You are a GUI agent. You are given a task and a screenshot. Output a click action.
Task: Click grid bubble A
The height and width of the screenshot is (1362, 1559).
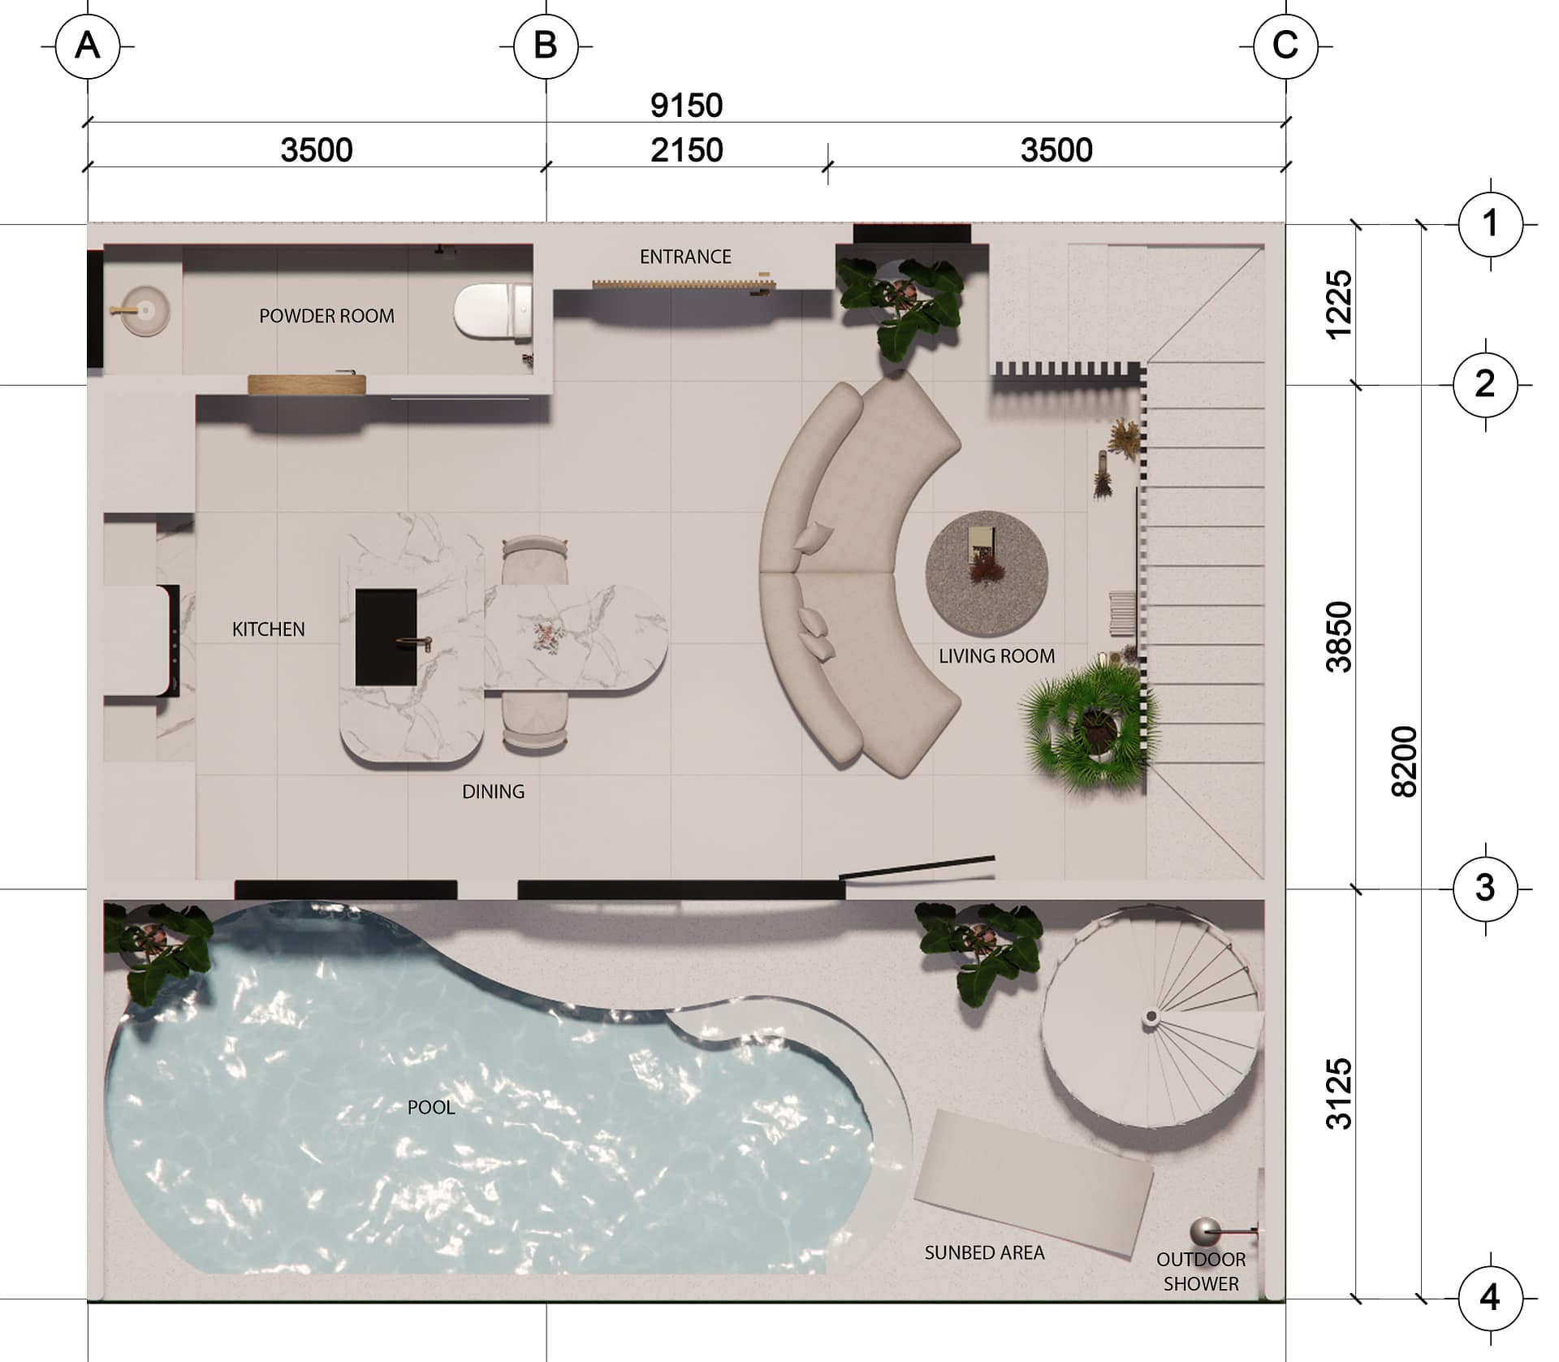pyautogui.click(x=88, y=46)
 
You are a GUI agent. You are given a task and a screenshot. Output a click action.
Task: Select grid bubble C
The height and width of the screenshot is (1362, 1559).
pyautogui.click(x=1285, y=46)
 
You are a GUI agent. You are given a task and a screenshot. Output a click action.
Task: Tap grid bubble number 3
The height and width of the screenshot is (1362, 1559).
pyautogui.click(x=1485, y=889)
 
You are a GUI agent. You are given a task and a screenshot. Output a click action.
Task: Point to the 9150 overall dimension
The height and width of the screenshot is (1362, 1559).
pyautogui.click(x=686, y=106)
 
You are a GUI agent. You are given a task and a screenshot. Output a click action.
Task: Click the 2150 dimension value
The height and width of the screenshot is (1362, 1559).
pyautogui.click(x=686, y=150)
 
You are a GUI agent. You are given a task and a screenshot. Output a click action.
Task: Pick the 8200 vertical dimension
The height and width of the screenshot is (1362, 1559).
pyautogui.click(x=1405, y=761)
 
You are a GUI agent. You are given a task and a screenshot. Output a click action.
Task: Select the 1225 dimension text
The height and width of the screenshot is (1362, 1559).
pyautogui.click(x=1339, y=305)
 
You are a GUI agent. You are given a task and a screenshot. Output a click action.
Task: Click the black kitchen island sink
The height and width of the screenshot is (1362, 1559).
pyautogui.click(x=387, y=638)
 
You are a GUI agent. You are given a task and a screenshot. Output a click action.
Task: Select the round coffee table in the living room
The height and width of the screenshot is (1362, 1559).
pyautogui.click(x=987, y=573)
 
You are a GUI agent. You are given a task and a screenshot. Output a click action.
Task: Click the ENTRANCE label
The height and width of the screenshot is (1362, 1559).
pyautogui.click(x=685, y=257)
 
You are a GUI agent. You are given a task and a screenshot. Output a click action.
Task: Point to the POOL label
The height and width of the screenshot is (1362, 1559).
pyautogui.click(x=431, y=1107)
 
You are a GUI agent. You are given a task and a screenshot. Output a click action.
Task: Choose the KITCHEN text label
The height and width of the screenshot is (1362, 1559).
pyautogui.click(x=269, y=629)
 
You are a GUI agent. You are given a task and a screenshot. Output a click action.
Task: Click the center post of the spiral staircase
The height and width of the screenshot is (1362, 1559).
pyautogui.click(x=1151, y=1016)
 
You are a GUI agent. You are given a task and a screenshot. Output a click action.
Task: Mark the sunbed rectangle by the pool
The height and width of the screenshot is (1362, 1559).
pyautogui.click(x=1034, y=1183)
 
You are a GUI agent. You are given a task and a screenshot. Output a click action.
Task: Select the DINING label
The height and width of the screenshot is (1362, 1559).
pyautogui.click(x=493, y=791)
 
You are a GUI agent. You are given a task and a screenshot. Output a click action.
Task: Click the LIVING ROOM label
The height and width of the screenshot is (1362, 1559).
pyautogui.click(x=997, y=656)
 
